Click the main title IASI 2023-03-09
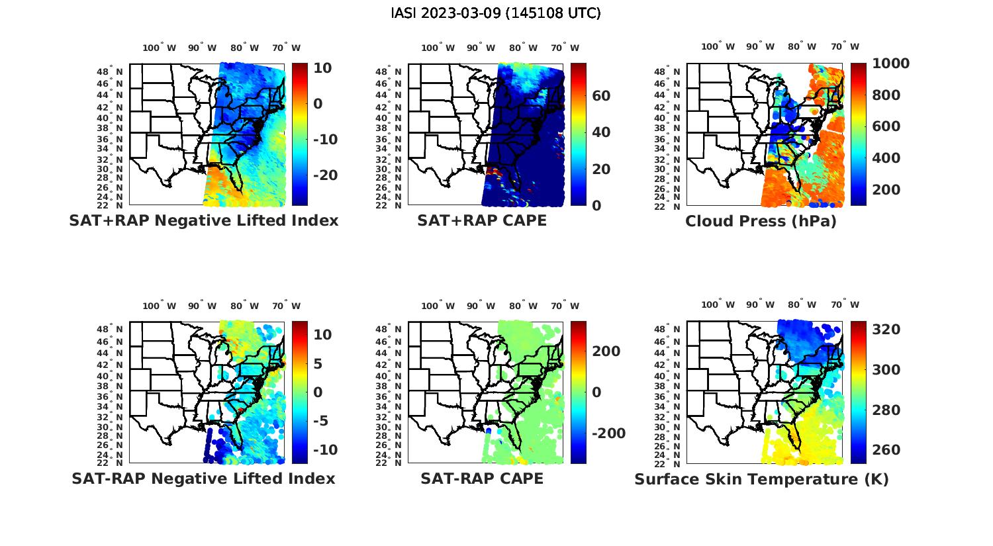point(496,13)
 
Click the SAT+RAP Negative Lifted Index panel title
point(203,220)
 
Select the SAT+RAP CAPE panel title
point(482,220)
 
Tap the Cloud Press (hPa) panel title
point(761,221)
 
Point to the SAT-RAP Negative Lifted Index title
point(203,478)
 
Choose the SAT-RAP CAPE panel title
point(482,478)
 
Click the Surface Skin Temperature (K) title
point(761,479)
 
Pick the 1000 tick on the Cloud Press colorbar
point(890,64)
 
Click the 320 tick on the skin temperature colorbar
point(886,330)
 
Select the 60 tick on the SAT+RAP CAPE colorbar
point(600,96)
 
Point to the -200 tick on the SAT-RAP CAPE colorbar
point(607,433)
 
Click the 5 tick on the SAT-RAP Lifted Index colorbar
point(317,363)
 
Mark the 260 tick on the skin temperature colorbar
point(886,450)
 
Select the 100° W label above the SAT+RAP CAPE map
point(438,48)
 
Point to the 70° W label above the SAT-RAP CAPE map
point(565,306)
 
